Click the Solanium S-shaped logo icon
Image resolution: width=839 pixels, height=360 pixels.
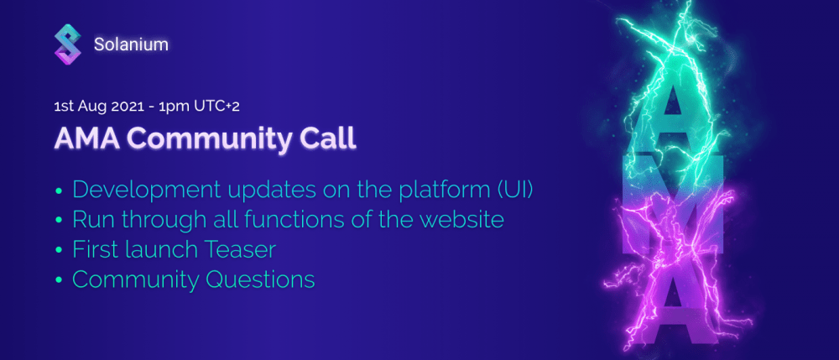tap(68, 45)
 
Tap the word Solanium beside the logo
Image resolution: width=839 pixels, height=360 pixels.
tap(131, 45)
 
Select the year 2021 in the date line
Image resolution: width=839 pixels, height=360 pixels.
tap(127, 106)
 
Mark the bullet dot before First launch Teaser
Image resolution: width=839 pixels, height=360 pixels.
tap(59, 250)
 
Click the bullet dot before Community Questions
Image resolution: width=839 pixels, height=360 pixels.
tap(59, 280)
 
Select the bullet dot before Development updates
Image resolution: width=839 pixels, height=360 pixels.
tap(59, 191)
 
